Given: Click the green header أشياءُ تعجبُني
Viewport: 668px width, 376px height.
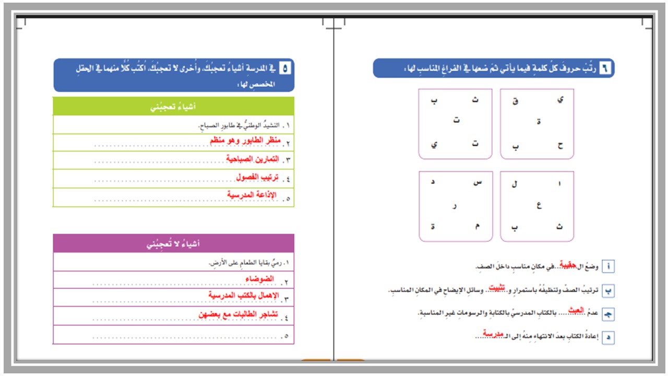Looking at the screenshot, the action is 173,107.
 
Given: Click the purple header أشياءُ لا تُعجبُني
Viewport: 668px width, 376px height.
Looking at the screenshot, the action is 173,243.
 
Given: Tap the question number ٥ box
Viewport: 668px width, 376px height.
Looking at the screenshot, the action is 285,68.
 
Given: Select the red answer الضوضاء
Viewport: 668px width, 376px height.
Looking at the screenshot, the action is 260,279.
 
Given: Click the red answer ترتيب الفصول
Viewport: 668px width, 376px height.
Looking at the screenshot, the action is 256,177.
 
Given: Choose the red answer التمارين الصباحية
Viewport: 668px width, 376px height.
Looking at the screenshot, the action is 253,159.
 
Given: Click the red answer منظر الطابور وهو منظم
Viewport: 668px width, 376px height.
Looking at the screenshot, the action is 245,141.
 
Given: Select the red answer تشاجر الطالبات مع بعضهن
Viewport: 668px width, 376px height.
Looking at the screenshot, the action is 238,315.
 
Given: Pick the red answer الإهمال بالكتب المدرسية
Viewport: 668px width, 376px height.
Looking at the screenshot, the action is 244,296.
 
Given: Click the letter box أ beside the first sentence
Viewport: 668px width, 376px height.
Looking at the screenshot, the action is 608,267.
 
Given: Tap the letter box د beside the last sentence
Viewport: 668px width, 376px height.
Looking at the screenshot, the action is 608,338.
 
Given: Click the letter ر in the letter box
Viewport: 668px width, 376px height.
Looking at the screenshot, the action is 455,206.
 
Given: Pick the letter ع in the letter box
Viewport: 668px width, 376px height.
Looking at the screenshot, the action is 539,206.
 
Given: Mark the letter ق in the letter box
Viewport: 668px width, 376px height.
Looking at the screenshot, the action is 515,101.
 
